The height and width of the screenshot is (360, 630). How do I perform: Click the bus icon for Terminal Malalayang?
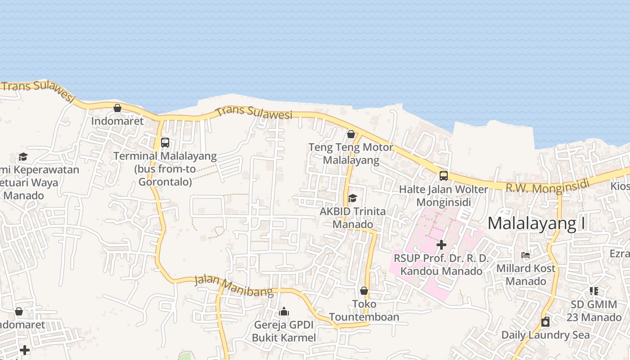click(x=165, y=143)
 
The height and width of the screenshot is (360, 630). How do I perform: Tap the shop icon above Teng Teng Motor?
click(x=351, y=134)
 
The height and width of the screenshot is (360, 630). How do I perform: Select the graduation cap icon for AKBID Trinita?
click(x=352, y=198)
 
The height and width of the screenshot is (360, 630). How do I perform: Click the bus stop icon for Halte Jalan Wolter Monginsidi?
click(x=444, y=176)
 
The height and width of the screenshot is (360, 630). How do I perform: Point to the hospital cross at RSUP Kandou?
click(x=441, y=245)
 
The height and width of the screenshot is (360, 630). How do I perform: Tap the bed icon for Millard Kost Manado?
click(x=525, y=255)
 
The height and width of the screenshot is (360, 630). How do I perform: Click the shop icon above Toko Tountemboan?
click(x=364, y=291)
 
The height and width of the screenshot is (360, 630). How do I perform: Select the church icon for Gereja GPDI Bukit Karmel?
click(x=284, y=311)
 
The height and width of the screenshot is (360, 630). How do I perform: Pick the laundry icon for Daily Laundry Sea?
click(x=545, y=322)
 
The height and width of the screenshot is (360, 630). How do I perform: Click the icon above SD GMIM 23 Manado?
click(x=594, y=291)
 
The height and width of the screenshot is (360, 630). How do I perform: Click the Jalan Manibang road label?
click(x=234, y=286)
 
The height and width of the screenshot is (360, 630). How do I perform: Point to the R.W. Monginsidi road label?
click(x=547, y=186)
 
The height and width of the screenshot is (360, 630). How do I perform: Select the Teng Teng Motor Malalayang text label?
click(x=351, y=153)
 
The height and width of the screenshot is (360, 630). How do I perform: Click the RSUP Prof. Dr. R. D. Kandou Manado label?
click(x=441, y=265)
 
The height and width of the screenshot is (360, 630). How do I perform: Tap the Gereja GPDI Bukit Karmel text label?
click(x=284, y=331)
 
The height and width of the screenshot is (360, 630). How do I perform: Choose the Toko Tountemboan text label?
click(x=364, y=310)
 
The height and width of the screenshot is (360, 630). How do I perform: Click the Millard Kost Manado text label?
click(x=526, y=274)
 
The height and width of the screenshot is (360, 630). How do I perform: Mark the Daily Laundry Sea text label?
click(x=545, y=335)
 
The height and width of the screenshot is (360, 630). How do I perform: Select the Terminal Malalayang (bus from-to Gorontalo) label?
click(x=165, y=169)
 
